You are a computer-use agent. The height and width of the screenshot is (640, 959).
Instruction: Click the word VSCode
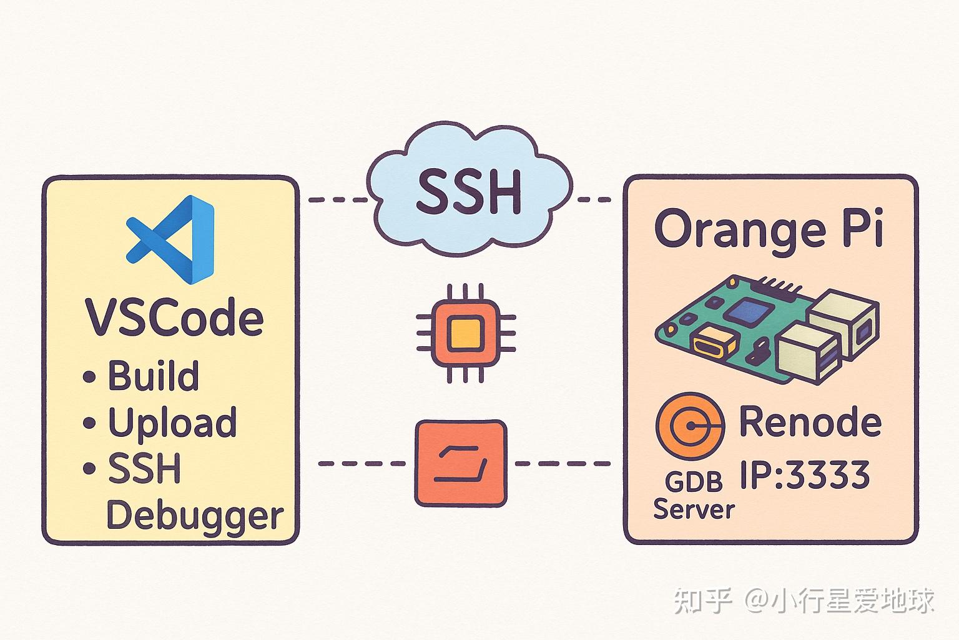[174, 318]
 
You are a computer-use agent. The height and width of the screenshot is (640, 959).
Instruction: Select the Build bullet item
[153, 376]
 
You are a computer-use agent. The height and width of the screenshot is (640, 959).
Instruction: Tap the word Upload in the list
[172, 423]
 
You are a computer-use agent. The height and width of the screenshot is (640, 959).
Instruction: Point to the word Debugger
[194, 516]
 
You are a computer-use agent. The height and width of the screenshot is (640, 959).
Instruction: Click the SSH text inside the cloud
[468, 192]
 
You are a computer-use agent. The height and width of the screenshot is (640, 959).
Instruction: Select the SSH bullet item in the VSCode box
[144, 469]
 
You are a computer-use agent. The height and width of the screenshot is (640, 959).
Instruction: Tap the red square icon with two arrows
[461, 463]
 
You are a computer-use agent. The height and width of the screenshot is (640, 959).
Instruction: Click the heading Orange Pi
[769, 230]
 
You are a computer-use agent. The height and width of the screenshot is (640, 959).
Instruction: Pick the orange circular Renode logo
[690, 426]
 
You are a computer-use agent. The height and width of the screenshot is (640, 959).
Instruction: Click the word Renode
[810, 422]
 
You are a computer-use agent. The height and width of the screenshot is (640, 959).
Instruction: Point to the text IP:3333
[805, 475]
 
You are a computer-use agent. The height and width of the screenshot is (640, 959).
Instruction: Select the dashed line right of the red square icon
[561, 464]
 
